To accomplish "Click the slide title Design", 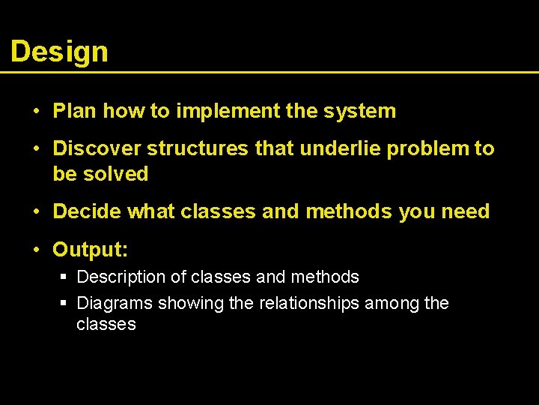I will click(59, 52).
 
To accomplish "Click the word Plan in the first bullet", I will click(75, 111).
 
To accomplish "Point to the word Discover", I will click(97, 148).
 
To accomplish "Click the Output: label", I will click(90, 248).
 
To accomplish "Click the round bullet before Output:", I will click(36, 249).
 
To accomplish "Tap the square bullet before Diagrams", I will click(64, 304).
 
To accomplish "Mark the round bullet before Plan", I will click(36, 112).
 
